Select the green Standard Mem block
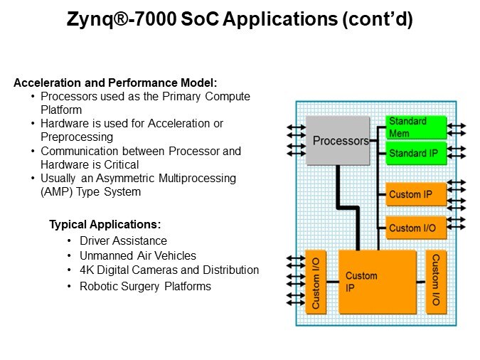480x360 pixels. tap(416, 127)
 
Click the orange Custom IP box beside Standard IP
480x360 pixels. tap(416, 194)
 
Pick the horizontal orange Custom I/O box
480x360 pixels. tap(416, 228)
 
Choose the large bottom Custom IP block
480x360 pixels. tap(377, 282)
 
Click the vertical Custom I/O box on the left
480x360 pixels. tap(316, 282)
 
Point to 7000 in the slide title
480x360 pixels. tap(161, 21)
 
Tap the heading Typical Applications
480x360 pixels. tap(105, 225)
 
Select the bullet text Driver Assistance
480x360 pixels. tap(123, 241)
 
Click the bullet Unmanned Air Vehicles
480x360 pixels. tap(137, 255)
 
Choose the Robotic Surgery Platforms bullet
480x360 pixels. tap(145, 286)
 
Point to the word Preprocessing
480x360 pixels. tap(77, 137)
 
